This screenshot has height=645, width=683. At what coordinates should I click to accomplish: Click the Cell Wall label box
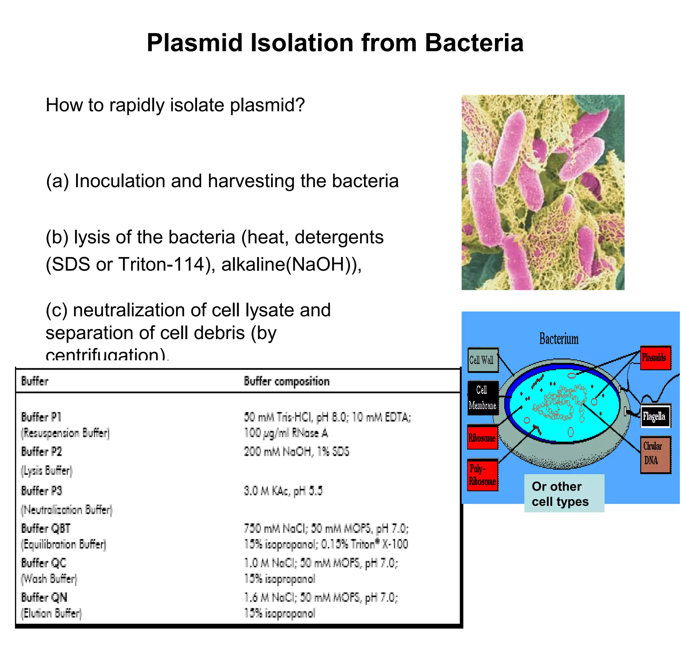[482, 360]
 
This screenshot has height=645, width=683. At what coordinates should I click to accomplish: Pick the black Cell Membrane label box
[482, 398]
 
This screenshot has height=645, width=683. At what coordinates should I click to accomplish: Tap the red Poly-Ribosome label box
[482, 475]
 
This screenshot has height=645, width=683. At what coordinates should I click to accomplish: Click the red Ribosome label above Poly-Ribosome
[482, 437]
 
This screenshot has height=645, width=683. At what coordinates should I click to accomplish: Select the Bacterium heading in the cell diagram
[559, 339]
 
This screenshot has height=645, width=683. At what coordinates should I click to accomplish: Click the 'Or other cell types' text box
[564, 493]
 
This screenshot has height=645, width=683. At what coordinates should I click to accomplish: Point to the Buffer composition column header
[286, 381]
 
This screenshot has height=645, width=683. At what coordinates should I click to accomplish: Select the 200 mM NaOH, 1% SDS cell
[296, 451]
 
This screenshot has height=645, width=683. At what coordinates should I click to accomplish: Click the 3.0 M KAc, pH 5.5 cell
[283, 490]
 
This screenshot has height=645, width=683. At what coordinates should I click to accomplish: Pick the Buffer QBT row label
[46, 528]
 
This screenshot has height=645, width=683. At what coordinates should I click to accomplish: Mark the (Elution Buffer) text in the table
[52, 613]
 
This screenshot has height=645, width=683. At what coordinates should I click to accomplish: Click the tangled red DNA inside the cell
[559, 402]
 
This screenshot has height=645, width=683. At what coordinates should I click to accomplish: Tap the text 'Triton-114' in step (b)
[161, 264]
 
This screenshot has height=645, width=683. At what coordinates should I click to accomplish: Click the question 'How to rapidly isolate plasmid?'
[175, 105]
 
